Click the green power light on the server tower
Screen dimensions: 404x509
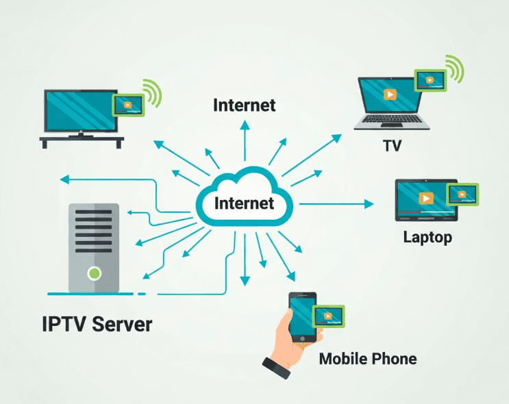coord(94,275)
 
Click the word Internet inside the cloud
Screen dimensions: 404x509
coord(244,203)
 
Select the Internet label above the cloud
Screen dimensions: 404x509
coord(244,105)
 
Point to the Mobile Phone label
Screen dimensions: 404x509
coord(367,358)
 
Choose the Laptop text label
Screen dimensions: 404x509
coord(427,238)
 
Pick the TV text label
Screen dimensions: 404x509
coord(392,146)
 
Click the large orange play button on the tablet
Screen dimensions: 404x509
coord(425,199)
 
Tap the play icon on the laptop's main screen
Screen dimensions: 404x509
coord(388,94)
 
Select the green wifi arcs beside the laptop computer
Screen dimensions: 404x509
coord(455,69)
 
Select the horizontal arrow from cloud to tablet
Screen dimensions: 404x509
coord(336,204)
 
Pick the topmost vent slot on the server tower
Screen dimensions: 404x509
coord(94,214)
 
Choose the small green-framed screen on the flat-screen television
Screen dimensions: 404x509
coord(127,104)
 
